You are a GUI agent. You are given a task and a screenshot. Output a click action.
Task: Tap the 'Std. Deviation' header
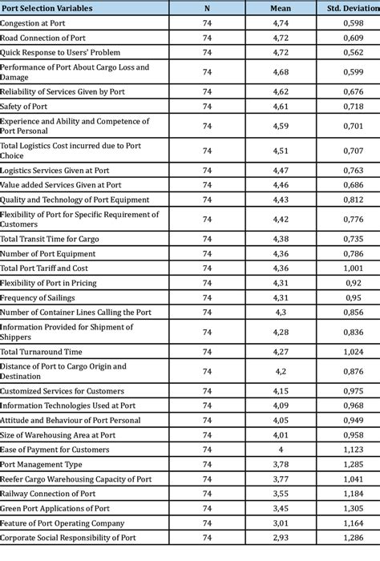click(x=353, y=8)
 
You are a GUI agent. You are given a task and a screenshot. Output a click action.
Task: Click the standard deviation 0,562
click(x=353, y=52)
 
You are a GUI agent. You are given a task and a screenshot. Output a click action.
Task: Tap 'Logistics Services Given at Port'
click(x=66, y=171)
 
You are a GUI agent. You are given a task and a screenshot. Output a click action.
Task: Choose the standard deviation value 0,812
click(x=353, y=200)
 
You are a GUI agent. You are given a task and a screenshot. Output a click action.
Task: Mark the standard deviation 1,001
click(x=353, y=268)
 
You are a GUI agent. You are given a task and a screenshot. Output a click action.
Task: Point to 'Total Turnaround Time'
click(x=42, y=351)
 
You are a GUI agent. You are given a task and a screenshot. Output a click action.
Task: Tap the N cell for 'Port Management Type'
click(x=207, y=464)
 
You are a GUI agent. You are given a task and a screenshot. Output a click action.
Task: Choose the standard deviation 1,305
click(x=353, y=508)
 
